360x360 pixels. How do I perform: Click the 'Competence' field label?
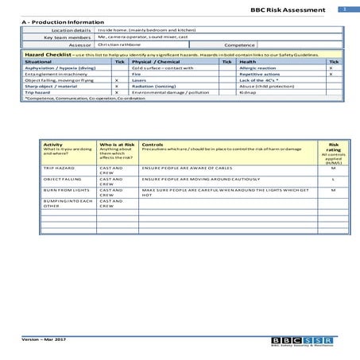pyautogui.click(x=239, y=45)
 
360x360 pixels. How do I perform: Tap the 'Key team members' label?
pyautogui.click(x=67, y=37)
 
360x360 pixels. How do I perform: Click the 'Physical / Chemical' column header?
pyautogui.click(x=156, y=61)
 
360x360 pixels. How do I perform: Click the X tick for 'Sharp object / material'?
pyautogui.click(x=117, y=87)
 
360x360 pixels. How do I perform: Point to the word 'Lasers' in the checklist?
pyautogui.click(x=140, y=80)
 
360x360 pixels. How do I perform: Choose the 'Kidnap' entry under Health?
pyautogui.click(x=246, y=93)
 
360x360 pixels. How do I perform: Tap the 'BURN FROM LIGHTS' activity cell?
pyautogui.click(x=63, y=191)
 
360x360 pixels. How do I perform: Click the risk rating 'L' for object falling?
pyautogui.click(x=333, y=180)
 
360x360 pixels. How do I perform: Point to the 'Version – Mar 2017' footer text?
pyautogui.click(x=45, y=340)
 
